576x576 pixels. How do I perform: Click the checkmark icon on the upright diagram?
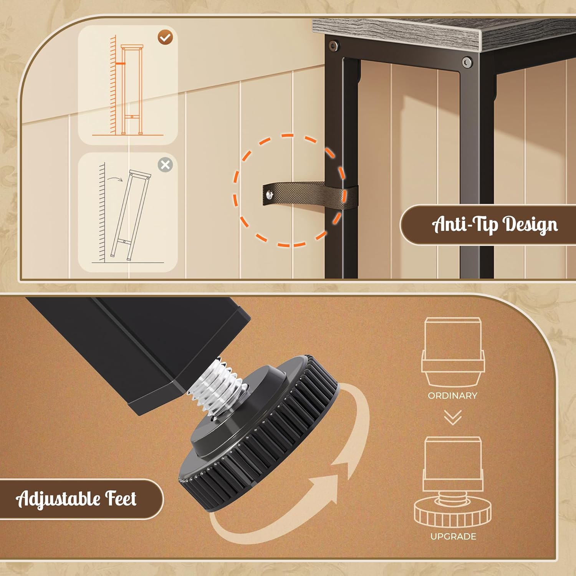pos(166,38)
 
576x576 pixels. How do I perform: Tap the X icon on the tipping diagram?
pos(165,165)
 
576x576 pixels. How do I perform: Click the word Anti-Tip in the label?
pos(465,224)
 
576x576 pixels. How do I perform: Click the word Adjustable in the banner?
pos(58,499)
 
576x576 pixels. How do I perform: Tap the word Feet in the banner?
pos(121,498)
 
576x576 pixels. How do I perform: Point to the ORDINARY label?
pos(453,396)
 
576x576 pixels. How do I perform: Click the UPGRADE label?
pos(453,536)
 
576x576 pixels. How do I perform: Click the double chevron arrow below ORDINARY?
pos(453,417)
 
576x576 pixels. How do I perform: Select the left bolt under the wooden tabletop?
pos(333,46)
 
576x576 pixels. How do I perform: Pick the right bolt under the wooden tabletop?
pos(467,62)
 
